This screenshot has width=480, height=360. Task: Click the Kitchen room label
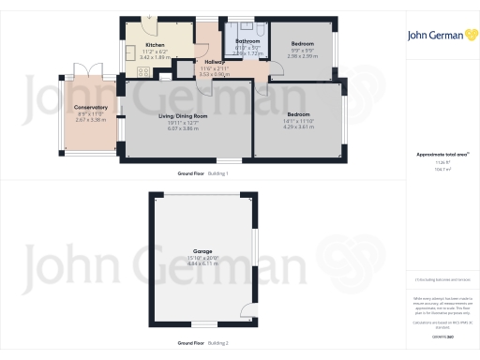[155, 44]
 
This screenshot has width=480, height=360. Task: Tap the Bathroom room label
[247, 41]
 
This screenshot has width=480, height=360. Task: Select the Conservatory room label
[91, 108]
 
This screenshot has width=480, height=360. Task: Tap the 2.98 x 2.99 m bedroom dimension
[302, 56]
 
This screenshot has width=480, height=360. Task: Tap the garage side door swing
[247, 312]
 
